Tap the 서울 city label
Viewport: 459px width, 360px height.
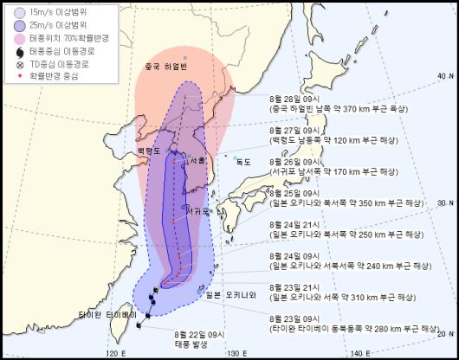coord(198,160)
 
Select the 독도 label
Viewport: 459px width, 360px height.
coord(243,161)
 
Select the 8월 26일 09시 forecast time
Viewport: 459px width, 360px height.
coord(295,161)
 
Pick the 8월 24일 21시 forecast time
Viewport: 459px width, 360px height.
coord(295,224)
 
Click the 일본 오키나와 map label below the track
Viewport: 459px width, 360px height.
coord(231,294)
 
